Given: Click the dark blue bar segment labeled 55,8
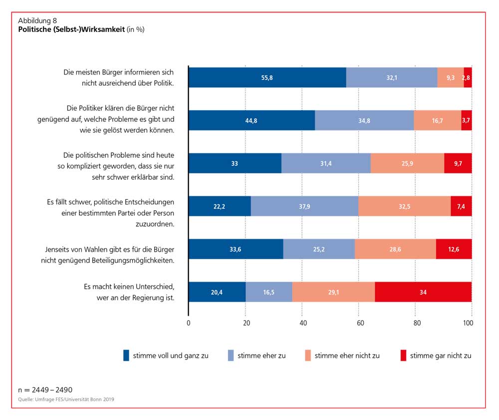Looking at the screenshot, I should (267, 77).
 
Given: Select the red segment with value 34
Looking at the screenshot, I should (423, 292).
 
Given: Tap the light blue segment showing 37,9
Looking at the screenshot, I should (304, 206).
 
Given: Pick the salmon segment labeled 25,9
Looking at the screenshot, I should (407, 163).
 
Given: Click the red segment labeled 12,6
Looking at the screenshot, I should (454, 249).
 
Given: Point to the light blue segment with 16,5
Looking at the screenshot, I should (269, 292).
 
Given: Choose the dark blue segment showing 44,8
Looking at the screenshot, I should (251, 120).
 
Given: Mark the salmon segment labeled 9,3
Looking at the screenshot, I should (450, 77).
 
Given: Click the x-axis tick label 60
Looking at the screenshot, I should (359, 323).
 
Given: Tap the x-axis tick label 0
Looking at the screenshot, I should (189, 323).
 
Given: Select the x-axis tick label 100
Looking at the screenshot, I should (468, 323).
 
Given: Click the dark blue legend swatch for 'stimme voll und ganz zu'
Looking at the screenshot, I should (126, 356).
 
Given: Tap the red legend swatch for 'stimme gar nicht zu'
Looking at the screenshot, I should (403, 356).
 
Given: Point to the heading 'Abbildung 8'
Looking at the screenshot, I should (37, 21).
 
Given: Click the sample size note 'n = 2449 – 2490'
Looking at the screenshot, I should (46, 389).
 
